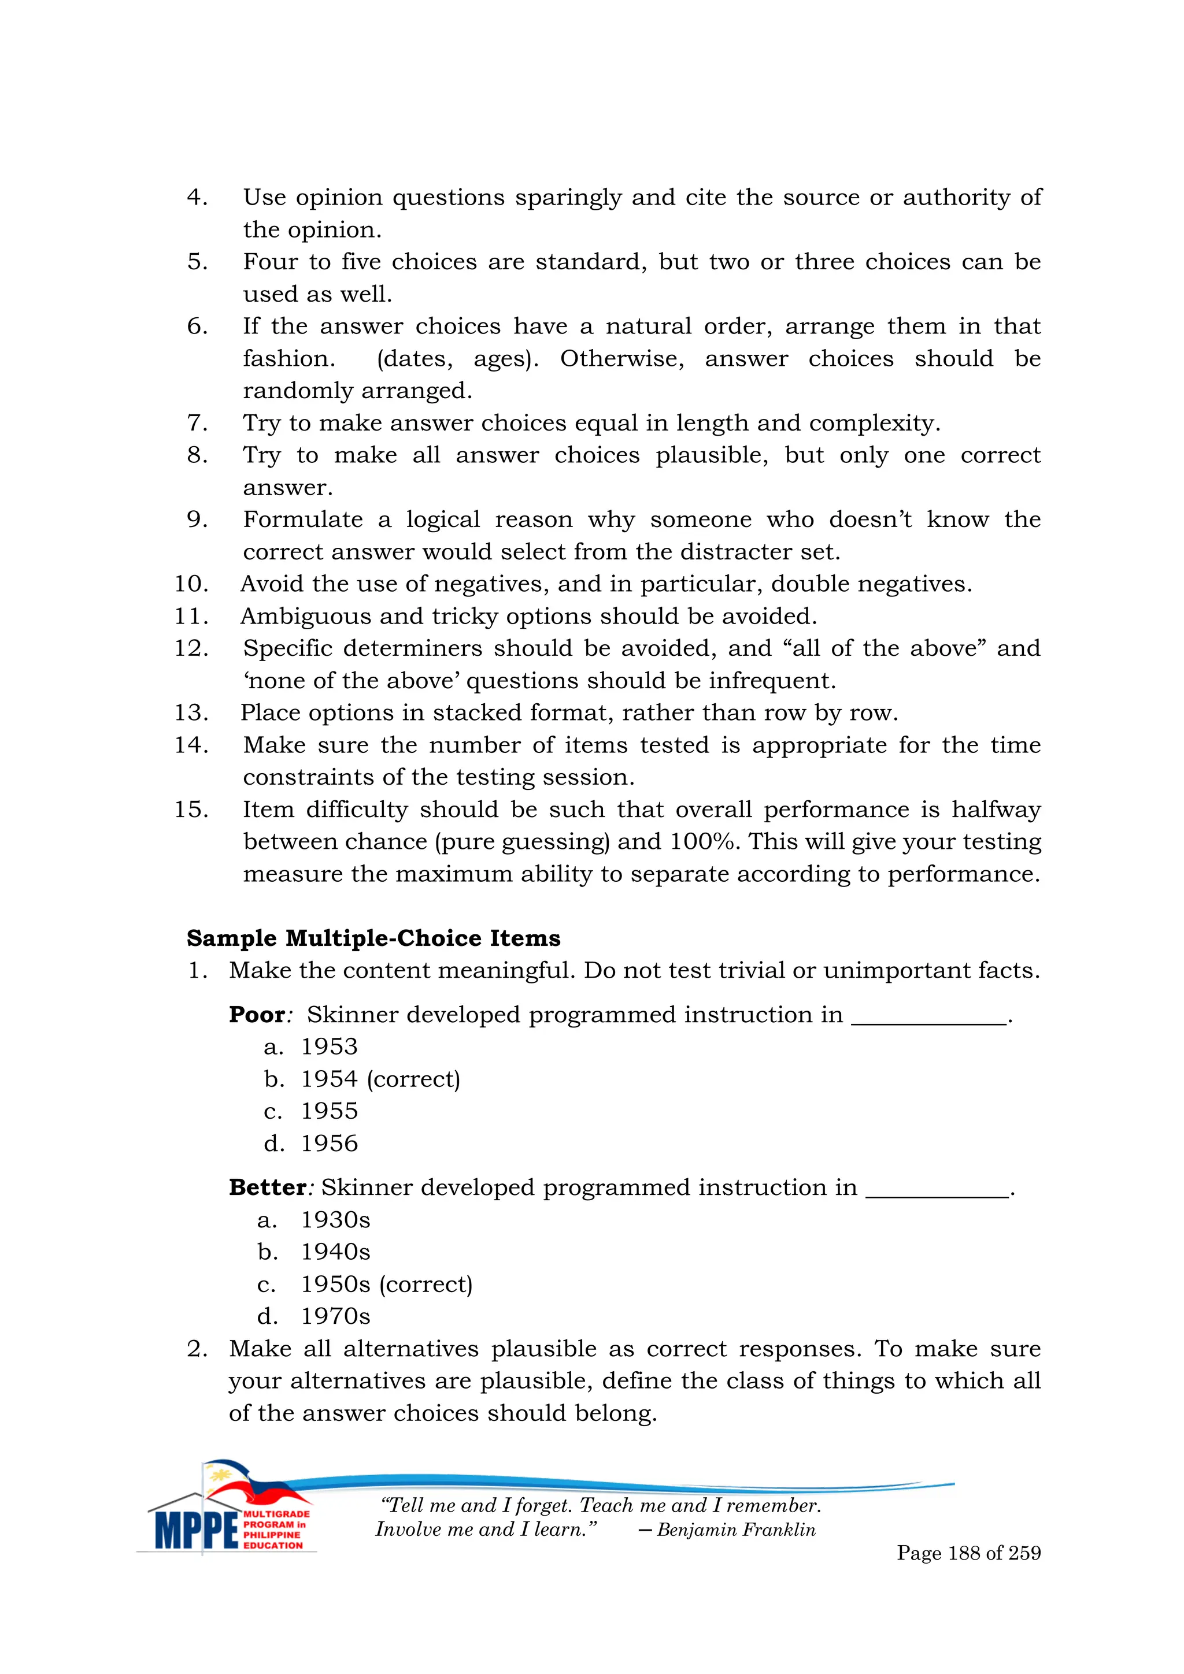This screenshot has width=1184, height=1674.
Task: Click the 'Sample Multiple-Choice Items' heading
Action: [373, 938]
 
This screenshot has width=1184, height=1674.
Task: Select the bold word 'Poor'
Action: [257, 1014]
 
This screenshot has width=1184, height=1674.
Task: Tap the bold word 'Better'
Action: [267, 1187]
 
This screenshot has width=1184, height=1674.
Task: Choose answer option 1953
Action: [329, 1046]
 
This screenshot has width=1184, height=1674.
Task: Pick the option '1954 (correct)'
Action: [380, 1078]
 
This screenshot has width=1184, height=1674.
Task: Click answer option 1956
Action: [329, 1142]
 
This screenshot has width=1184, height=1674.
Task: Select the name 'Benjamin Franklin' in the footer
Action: [735, 1530]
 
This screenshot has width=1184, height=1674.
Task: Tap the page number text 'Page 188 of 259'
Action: [968, 1553]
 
